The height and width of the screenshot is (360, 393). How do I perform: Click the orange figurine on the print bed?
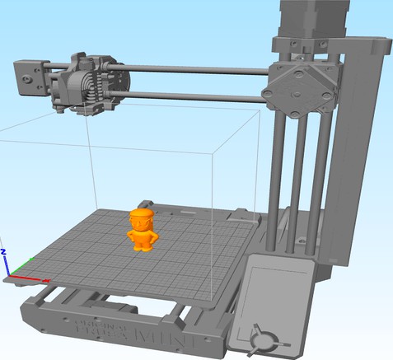[x=143, y=232]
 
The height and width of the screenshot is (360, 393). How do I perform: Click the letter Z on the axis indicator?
[x=4, y=250]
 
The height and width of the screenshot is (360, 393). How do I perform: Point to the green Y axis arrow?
[x=20, y=266]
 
